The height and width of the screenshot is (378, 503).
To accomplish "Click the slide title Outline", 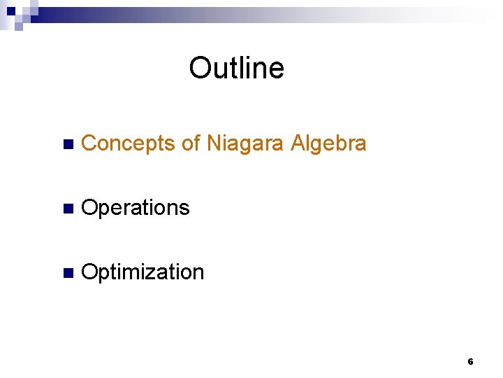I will coord(236,69).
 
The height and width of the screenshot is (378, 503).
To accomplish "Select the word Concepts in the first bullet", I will coord(128,143).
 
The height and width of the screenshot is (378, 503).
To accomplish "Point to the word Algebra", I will coord(328,143).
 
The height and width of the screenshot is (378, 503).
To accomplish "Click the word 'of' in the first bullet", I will coord(191,143).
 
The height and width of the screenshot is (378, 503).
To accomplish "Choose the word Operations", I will coord(136,208).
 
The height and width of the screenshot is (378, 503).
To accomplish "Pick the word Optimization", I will coord(143,272).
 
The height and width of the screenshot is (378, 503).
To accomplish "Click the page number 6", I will coord(470,362).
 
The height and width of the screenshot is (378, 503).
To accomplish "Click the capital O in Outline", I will coord(200,69).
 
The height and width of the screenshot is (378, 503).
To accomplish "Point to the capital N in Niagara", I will coord(213,143).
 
